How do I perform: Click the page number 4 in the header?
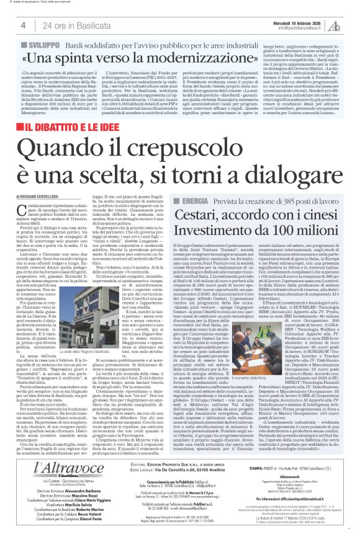tap(23, 25)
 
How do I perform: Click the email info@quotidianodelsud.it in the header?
tap(304, 28)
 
